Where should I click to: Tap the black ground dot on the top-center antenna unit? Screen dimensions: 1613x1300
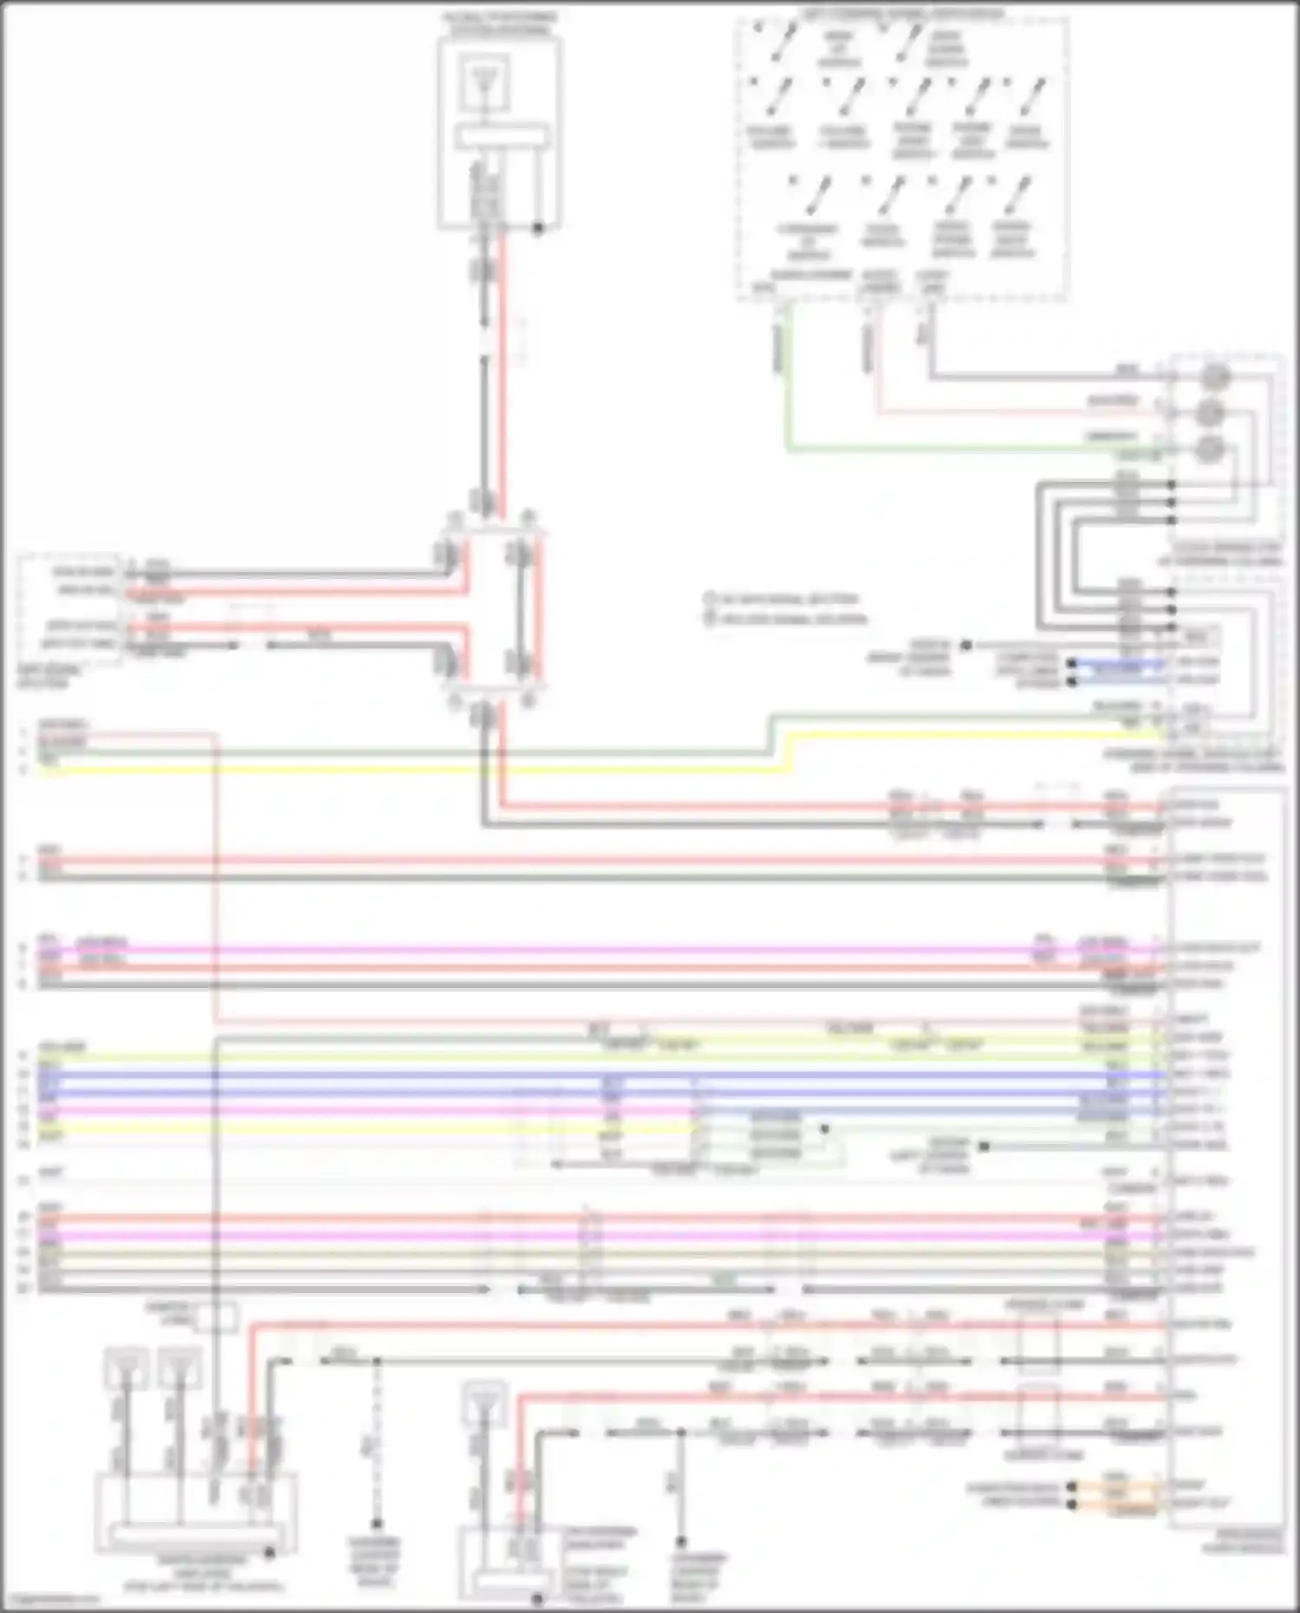point(538,229)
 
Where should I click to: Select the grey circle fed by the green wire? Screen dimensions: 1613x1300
point(1210,450)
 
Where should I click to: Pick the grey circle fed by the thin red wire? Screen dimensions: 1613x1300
point(1210,413)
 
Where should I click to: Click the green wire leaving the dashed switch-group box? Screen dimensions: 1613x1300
point(787,390)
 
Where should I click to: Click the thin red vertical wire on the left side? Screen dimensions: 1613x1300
point(214,875)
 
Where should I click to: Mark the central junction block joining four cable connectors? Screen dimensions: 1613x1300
point(492,608)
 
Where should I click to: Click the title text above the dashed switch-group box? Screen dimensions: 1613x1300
point(902,13)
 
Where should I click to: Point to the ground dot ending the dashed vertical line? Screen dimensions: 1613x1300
point(376,1523)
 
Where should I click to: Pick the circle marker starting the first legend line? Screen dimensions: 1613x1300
point(709,599)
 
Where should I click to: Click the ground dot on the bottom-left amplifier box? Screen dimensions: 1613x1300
point(270,1553)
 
